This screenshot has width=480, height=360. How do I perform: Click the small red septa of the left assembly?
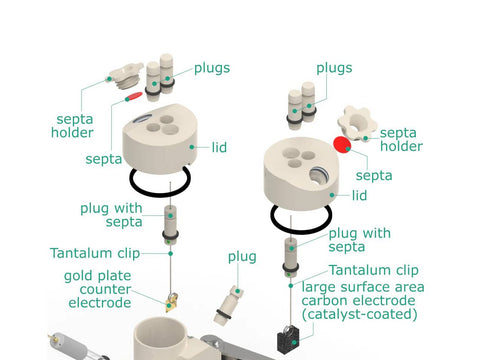point(134,96)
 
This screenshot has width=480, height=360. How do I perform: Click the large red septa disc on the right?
point(342,144)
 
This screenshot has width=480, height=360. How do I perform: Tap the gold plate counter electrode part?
point(172,302)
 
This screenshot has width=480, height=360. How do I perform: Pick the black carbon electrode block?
point(289,339)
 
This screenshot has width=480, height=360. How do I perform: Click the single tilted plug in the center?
point(228,305)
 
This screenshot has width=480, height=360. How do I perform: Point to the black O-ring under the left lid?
point(160,182)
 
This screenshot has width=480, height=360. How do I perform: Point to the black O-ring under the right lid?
point(301,218)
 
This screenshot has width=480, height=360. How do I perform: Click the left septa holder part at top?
point(127,76)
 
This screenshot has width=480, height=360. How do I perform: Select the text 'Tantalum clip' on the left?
point(95,253)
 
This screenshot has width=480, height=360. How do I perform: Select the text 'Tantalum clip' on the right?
point(374,270)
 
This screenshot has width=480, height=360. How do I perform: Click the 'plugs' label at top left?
point(212,68)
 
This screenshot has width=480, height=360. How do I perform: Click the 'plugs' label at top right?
point(334,68)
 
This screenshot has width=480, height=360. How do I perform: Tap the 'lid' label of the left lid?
point(219,147)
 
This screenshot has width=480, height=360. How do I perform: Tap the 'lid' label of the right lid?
point(360,195)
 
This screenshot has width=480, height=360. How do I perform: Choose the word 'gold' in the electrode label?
point(79,276)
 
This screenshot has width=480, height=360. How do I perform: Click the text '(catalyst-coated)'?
point(359,314)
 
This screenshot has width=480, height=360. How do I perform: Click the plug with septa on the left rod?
point(170,225)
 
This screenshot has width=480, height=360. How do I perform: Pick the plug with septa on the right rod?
point(291,257)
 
